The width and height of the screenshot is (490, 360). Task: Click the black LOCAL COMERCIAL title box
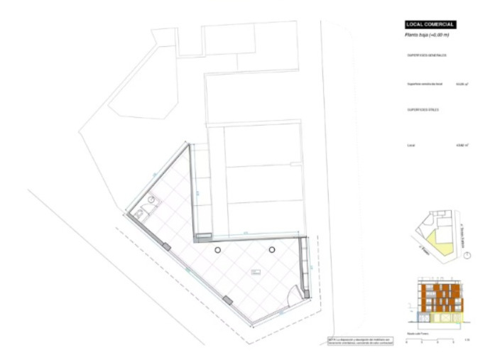pos(430,25)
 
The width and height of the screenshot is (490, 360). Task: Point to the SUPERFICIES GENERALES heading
pos(427,55)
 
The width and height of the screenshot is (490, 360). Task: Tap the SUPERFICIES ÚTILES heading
pos(423,110)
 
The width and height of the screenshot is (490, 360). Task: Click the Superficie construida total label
pos(425,84)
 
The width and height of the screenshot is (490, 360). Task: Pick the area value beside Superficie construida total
pos(459,84)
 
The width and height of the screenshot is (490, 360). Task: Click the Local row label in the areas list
pos(410,145)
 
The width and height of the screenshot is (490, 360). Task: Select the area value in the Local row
pos(460,145)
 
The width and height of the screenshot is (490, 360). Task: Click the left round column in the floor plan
pos(219,250)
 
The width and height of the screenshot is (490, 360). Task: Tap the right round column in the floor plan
pos(272,249)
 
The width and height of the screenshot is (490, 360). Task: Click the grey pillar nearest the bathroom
pos(166,246)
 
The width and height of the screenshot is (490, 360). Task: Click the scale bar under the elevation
pos(437,340)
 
